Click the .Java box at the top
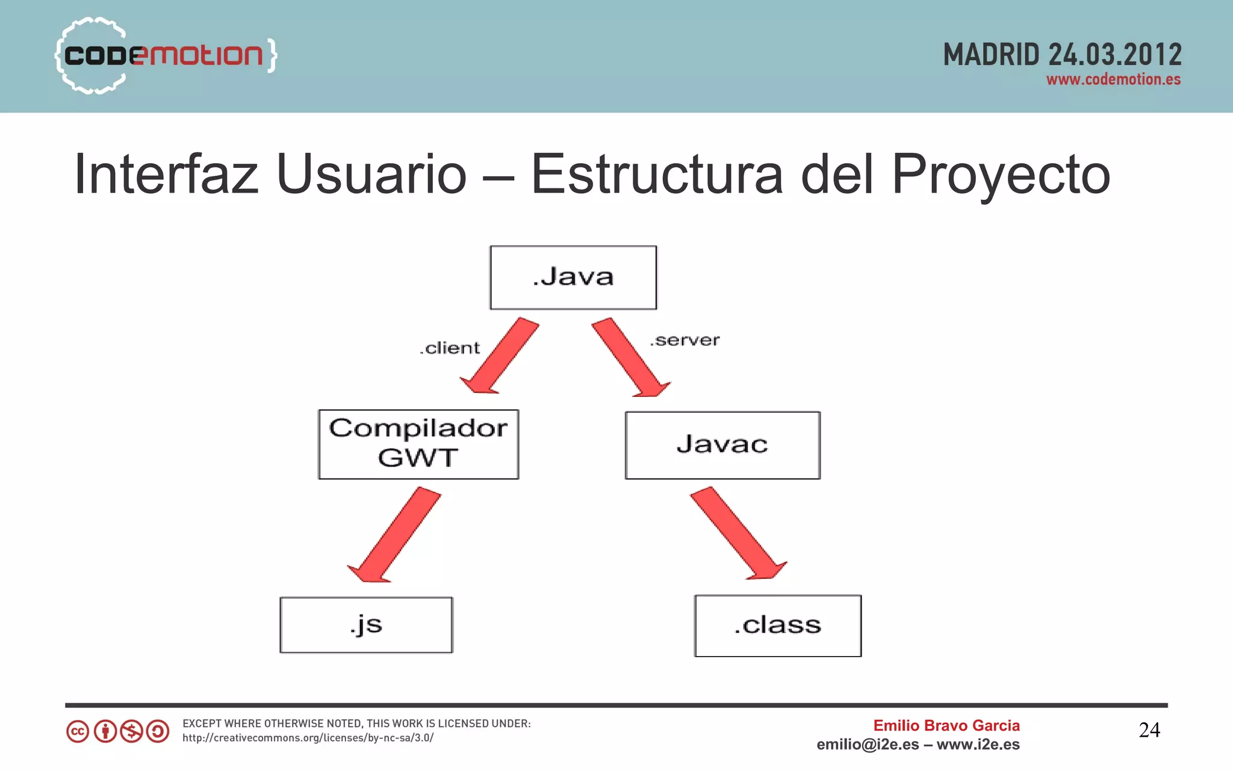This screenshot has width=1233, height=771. (x=573, y=277)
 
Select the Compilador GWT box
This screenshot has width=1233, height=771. (x=418, y=444)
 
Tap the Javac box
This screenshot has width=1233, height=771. (x=722, y=445)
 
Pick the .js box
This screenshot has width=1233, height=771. (x=366, y=625)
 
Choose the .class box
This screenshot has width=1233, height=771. (x=778, y=625)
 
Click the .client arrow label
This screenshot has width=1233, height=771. (x=450, y=348)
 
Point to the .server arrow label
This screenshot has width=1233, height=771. (x=685, y=340)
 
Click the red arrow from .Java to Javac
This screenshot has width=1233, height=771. (x=630, y=357)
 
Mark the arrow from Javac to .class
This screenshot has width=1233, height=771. (x=737, y=532)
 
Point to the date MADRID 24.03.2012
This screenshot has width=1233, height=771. (x=1062, y=54)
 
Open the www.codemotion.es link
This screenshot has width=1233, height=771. (x=1113, y=79)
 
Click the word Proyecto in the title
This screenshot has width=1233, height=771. (x=1001, y=175)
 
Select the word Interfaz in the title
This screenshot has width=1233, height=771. (x=166, y=175)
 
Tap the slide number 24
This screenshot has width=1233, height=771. (x=1149, y=730)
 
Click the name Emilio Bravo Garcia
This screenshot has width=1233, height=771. (x=946, y=725)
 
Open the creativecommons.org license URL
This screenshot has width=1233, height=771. (x=308, y=738)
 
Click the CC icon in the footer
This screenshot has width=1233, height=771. (x=78, y=732)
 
